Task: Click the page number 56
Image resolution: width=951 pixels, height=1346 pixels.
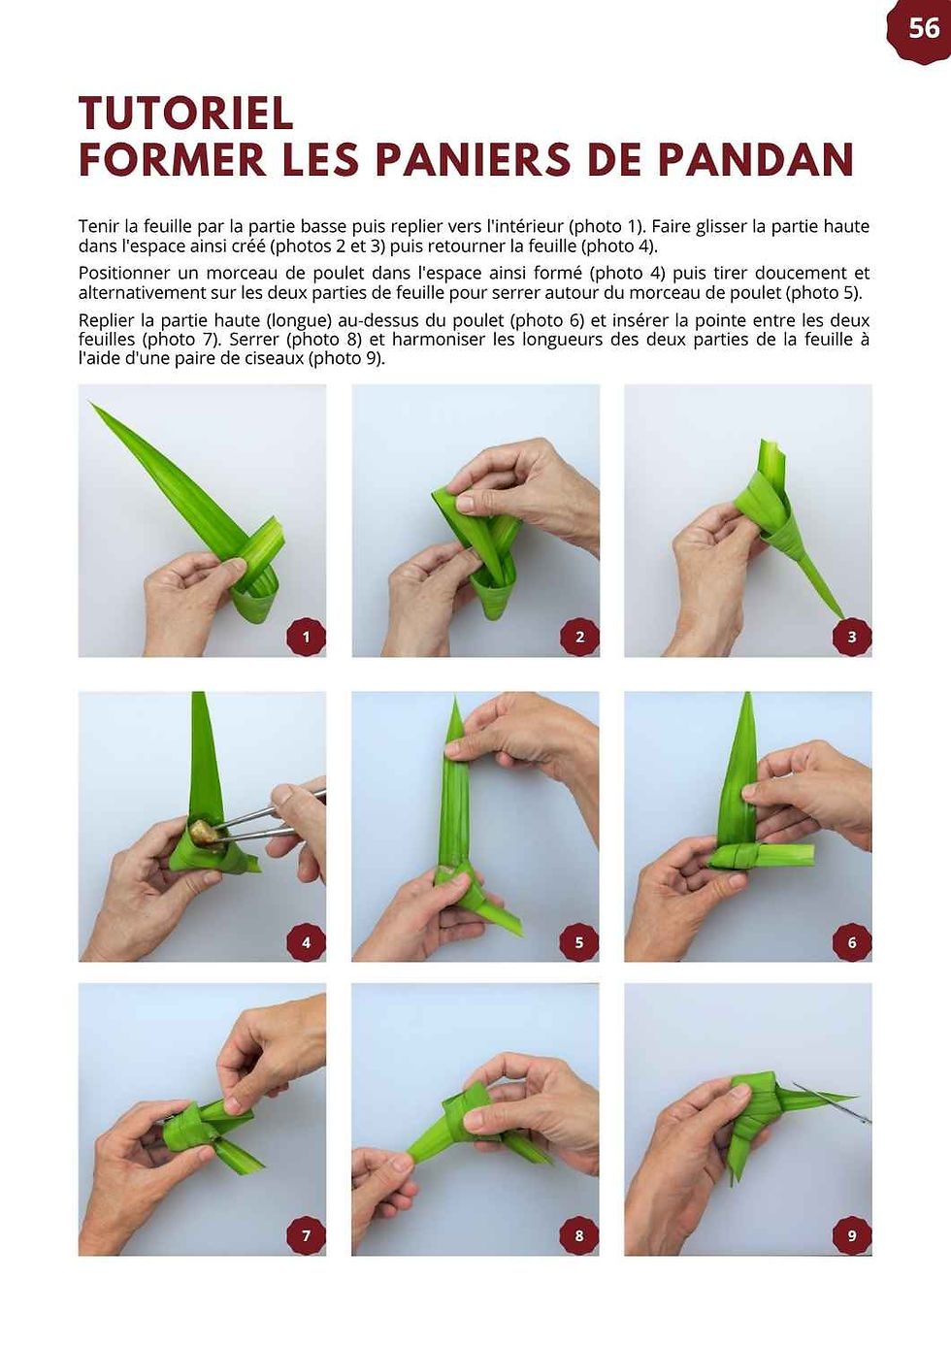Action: [x=924, y=28]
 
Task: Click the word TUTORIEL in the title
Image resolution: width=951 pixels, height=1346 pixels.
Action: [x=186, y=113]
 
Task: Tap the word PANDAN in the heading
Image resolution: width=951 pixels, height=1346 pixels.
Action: [x=756, y=159]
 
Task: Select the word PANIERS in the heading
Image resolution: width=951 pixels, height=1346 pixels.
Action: [x=473, y=159]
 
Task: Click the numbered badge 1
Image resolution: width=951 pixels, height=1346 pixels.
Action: [x=306, y=637]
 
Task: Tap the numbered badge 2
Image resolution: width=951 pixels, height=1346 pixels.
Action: [x=579, y=637]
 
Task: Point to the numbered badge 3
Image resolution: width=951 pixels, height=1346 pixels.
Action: [x=852, y=637]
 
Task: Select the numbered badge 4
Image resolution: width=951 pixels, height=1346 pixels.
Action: [x=306, y=942]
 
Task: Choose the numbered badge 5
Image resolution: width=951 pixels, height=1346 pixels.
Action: [x=579, y=942]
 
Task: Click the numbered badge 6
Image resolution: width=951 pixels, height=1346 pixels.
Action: [x=852, y=942]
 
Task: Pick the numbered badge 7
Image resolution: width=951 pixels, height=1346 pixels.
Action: [x=306, y=1235]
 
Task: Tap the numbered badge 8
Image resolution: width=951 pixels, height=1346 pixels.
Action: [x=579, y=1235]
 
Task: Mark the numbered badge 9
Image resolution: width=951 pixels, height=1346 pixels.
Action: [x=852, y=1235]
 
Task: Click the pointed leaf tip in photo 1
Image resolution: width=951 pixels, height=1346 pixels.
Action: [x=91, y=403]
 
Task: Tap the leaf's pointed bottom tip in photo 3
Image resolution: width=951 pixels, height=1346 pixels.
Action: [x=842, y=618]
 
